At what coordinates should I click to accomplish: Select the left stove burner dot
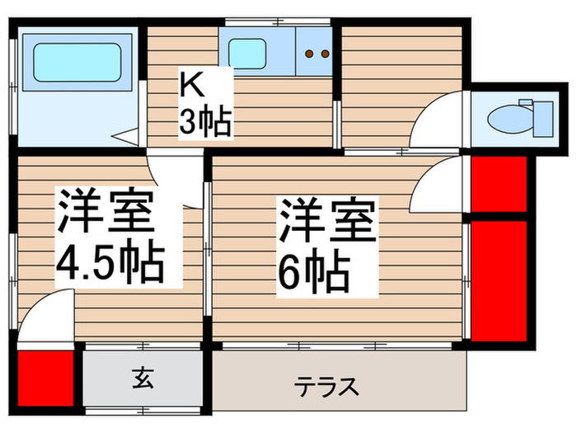(310, 54)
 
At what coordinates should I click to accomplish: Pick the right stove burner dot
(324, 54)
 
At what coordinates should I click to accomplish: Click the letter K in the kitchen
(190, 85)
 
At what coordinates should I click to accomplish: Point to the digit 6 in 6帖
(293, 271)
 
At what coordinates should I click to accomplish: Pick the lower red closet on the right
(499, 278)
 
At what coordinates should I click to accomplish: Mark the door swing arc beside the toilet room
(438, 124)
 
